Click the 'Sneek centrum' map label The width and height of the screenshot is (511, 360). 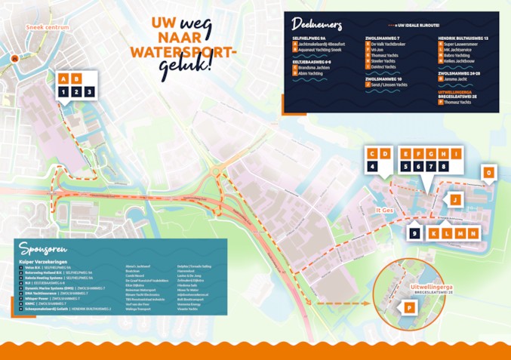point(47,27)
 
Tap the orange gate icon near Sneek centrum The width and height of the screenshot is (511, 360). point(14,58)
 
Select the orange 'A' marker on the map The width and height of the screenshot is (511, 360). point(63,78)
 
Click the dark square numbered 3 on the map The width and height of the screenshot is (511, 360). point(89,91)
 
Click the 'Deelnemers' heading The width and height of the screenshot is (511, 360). point(316,23)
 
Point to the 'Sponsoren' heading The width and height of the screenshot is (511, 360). point(43,248)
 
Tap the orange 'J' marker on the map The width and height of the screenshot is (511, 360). point(455,199)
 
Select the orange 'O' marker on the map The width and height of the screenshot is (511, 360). point(488,174)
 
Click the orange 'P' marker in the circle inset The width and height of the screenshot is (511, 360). point(408,307)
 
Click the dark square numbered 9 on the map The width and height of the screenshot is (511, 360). point(414,233)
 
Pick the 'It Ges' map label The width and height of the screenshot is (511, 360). point(385,211)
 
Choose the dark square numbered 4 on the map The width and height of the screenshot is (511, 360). point(372,166)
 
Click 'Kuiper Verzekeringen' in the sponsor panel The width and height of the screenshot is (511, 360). point(38,260)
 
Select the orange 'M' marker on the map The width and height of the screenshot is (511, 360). point(459,233)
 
